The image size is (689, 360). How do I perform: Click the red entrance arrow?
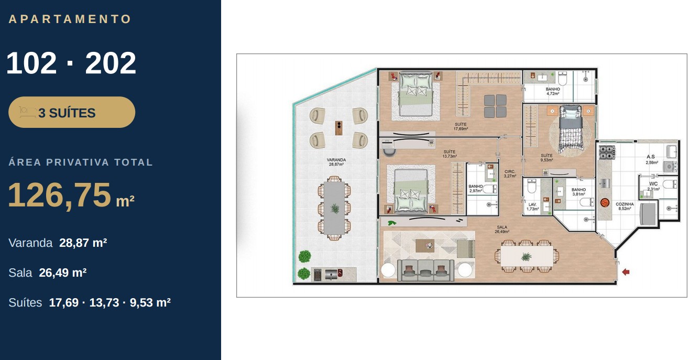[x=626, y=272]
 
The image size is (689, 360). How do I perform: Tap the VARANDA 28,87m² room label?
[x=336, y=162]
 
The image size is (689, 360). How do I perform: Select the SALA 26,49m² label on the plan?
[x=502, y=229]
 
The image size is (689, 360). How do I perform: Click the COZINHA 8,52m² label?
[x=625, y=206]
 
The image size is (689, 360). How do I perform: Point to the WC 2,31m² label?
[x=653, y=186]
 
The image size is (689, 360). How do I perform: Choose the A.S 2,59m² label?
[x=652, y=159]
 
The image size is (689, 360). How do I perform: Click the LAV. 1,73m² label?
[x=532, y=206]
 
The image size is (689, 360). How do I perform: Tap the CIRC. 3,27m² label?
[x=510, y=174]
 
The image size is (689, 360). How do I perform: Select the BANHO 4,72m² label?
[x=553, y=91]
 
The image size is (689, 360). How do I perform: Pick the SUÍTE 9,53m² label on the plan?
[x=546, y=158]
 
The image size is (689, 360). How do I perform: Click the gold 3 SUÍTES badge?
[x=72, y=112]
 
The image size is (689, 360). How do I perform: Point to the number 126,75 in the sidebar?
[x=59, y=195]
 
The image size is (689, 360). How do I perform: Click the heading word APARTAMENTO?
[x=70, y=19]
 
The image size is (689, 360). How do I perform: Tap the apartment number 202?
[x=111, y=63]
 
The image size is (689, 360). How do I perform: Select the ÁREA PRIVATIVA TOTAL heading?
[x=81, y=162]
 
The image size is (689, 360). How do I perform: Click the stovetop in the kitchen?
[x=607, y=152]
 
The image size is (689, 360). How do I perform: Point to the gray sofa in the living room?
[x=425, y=270]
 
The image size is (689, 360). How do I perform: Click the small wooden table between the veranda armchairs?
[x=338, y=128]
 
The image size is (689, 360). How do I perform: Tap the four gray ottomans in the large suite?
[x=495, y=106]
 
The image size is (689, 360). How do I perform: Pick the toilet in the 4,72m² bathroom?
[x=563, y=79]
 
